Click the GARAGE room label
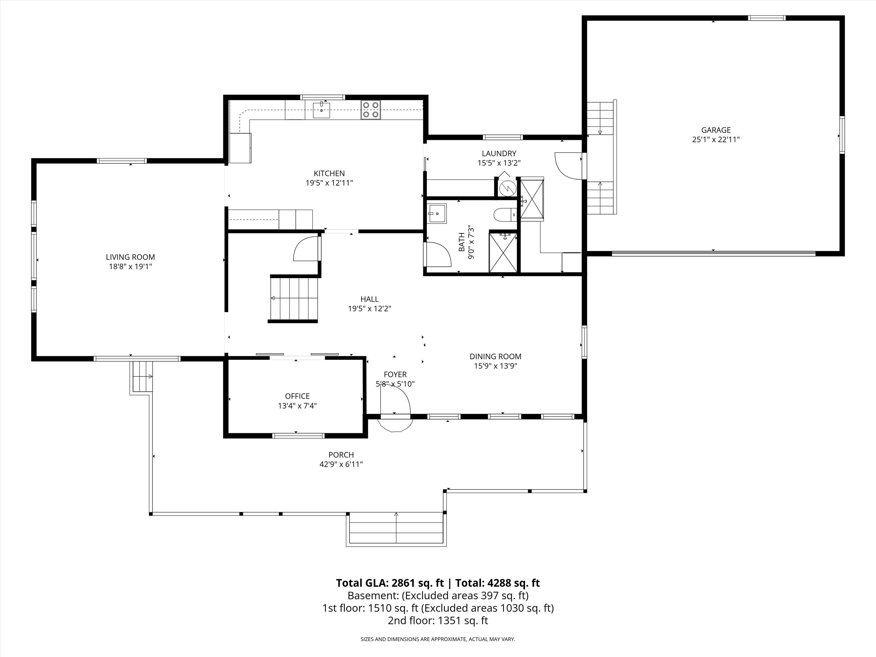[x=716, y=130]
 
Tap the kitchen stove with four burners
[x=371, y=110]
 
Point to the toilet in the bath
[x=505, y=215]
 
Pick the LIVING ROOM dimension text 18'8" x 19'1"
[x=130, y=267]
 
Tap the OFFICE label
[x=297, y=396]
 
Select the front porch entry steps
[x=396, y=529]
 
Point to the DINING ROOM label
[x=495, y=356]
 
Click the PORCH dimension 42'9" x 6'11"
[x=341, y=464]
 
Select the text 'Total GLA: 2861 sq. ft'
[x=390, y=583]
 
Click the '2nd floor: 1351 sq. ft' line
[x=438, y=620]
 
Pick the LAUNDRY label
[x=499, y=153]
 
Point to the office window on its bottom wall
[x=299, y=436]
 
